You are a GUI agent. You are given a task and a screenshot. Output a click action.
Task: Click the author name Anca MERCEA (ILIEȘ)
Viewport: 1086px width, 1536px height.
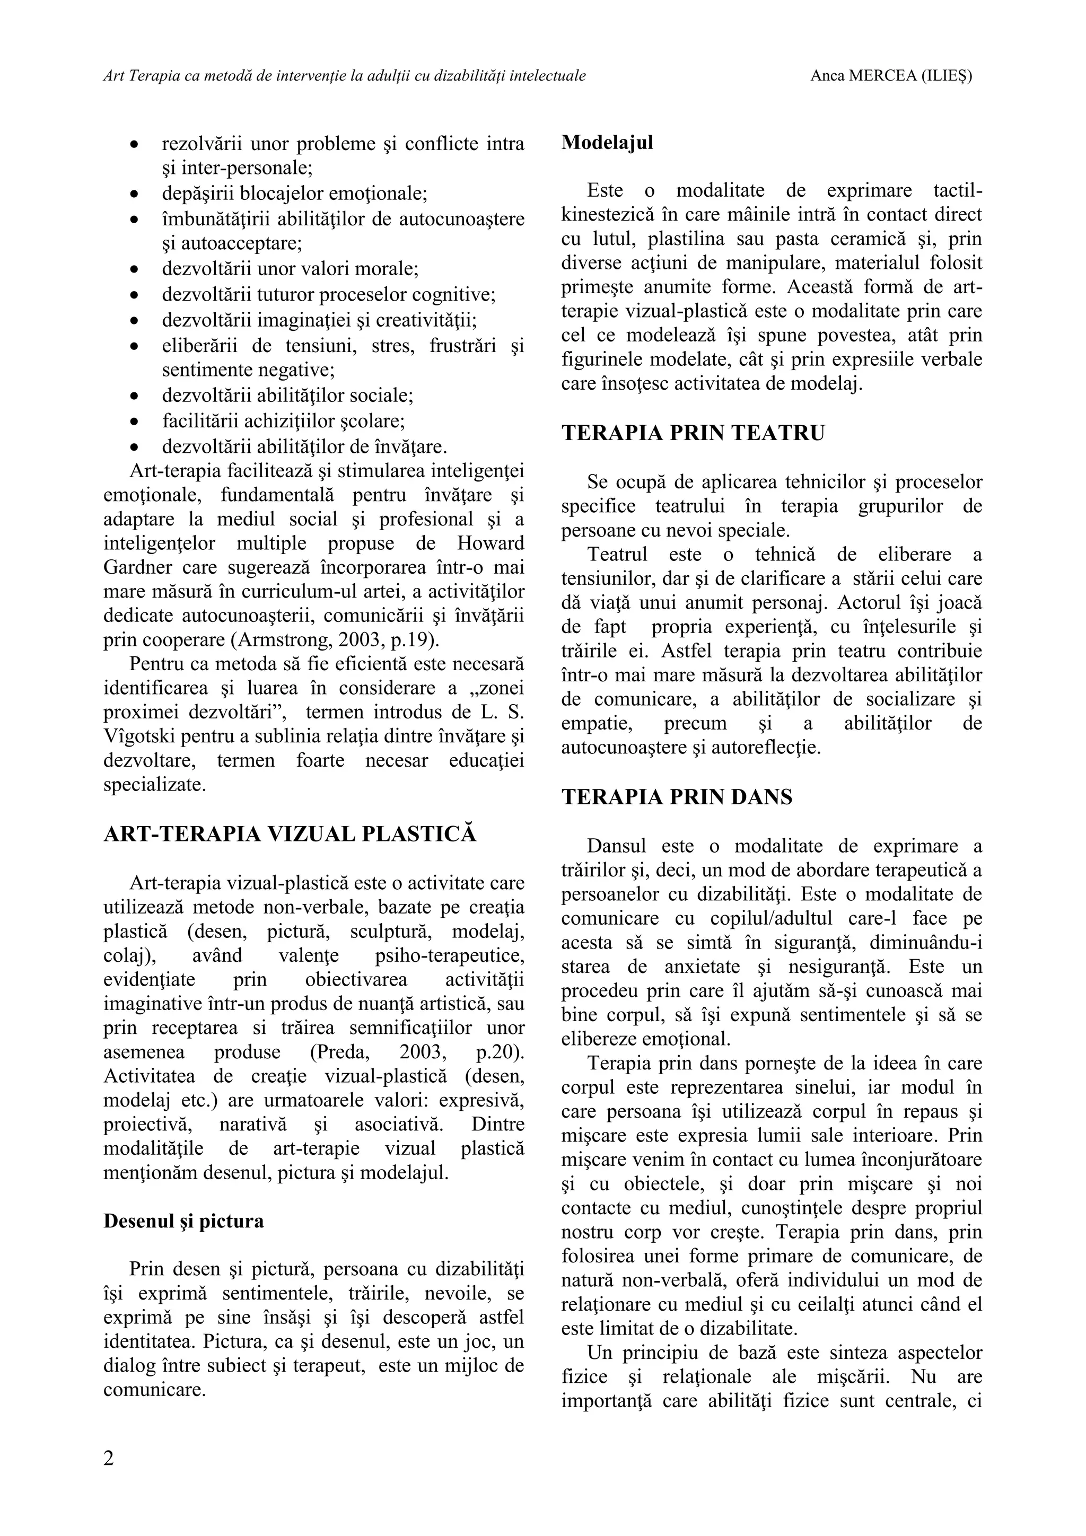pos(891,76)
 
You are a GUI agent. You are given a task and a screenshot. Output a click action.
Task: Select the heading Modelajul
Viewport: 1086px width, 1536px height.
pos(607,143)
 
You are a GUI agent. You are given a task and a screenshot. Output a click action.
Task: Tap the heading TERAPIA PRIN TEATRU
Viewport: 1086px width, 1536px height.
pos(693,433)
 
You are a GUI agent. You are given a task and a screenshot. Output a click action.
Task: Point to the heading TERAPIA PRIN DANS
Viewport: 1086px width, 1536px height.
pos(677,797)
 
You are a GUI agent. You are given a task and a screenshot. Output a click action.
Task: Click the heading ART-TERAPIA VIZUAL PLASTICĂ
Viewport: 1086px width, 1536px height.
pos(290,834)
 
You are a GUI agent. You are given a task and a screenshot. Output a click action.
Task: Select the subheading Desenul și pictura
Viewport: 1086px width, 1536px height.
pos(183,1221)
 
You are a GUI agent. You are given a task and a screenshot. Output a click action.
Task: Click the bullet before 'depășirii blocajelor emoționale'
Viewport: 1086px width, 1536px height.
pos(135,195)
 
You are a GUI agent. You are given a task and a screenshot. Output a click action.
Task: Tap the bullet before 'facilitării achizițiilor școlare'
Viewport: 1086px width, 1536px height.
pos(135,422)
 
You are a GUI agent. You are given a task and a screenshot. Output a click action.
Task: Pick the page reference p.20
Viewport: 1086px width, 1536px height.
pos(498,1051)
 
